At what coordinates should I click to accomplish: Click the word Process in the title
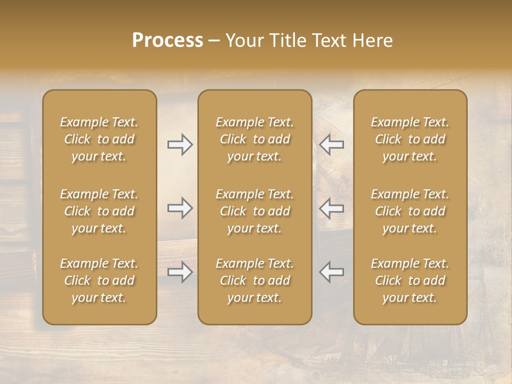click(x=167, y=41)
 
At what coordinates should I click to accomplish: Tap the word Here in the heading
click(x=372, y=41)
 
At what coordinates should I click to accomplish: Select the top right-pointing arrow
click(x=180, y=145)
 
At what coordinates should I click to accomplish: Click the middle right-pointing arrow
click(x=180, y=208)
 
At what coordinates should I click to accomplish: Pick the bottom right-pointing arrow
click(x=180, y=272)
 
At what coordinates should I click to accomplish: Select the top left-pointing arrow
click(x=332, y=145)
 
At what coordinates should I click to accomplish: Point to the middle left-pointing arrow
click(x=332, y=208)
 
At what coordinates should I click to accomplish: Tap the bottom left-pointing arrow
click(x=332, y=271)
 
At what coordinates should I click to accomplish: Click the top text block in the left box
click(x=99, y=139)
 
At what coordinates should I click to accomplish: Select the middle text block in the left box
click(x=99, y=211)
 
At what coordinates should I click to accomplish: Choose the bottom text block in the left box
click(x=99, y=281)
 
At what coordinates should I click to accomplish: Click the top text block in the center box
click(x=254, y=139)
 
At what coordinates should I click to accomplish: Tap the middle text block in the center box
click(x=254, y=211)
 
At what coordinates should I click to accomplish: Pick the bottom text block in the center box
click(x=254, y=281)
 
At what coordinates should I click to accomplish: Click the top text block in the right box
click(x=410, y=139)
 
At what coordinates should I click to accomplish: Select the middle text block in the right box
click(x=410, y=211)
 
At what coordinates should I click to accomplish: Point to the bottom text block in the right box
click(x=410, y=281)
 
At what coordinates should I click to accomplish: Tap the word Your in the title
click(x=244, y=41)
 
